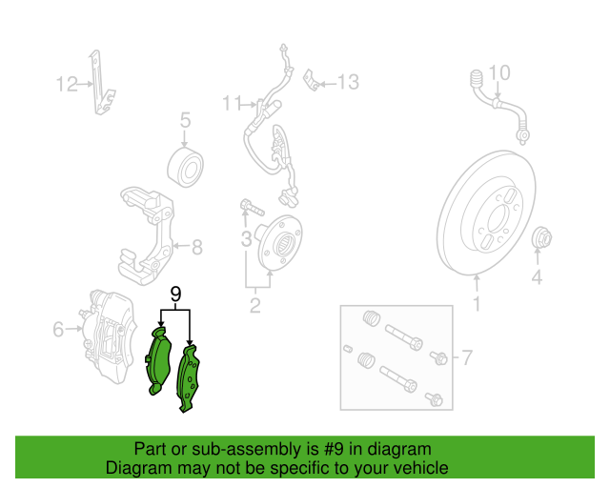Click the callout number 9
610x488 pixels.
175,294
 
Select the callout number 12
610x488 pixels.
66,85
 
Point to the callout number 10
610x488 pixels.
499,72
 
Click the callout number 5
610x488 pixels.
186,120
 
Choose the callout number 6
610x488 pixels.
466,358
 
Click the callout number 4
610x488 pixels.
537,277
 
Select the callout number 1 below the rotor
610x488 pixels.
478,305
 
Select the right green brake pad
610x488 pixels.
192,378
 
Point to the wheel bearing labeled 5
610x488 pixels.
187,168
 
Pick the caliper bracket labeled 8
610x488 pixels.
147,229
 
